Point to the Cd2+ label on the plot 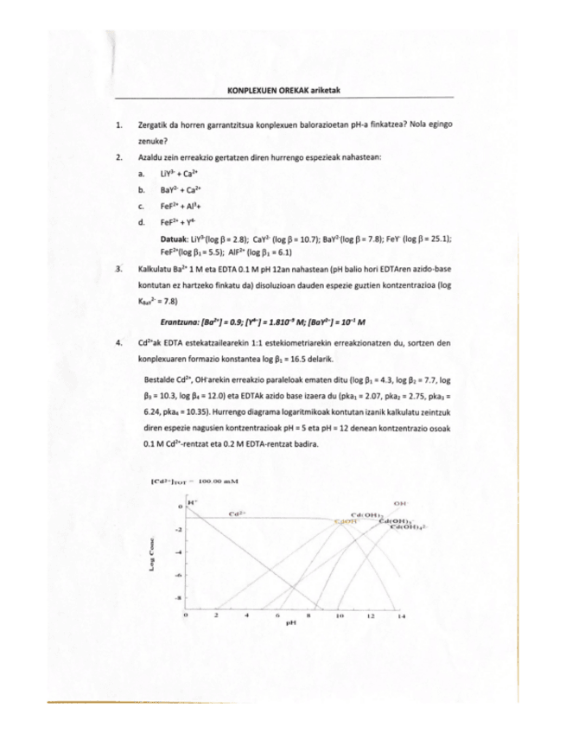(x=236, y=513)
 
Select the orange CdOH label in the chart (x=345, y=521)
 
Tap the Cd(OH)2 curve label (x=368, y=515)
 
